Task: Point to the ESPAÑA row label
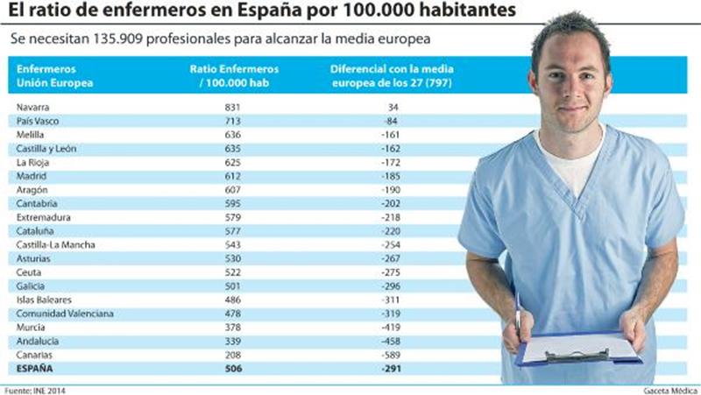(34, 369)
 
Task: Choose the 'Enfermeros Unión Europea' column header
(53, 75)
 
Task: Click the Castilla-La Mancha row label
(55, 244)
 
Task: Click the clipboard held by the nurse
(578, 349)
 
